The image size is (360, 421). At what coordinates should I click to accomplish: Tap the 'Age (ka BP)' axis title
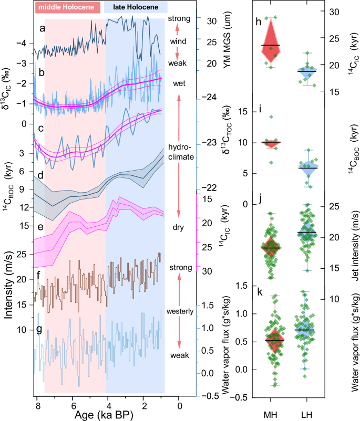coord(107,414)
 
